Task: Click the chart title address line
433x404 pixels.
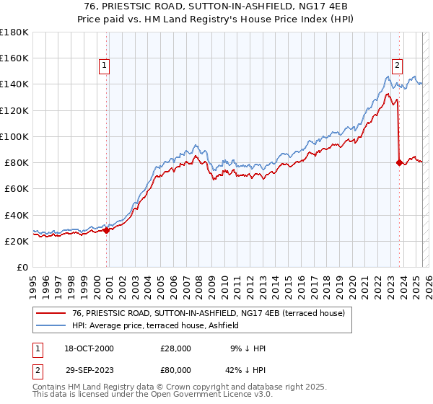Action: [x=216, y=6]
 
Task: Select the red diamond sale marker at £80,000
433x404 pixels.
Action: [x=399, y=162]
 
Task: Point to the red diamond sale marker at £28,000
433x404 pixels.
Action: [x=106, y=230]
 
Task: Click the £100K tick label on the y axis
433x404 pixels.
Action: [x=14, y=136]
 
